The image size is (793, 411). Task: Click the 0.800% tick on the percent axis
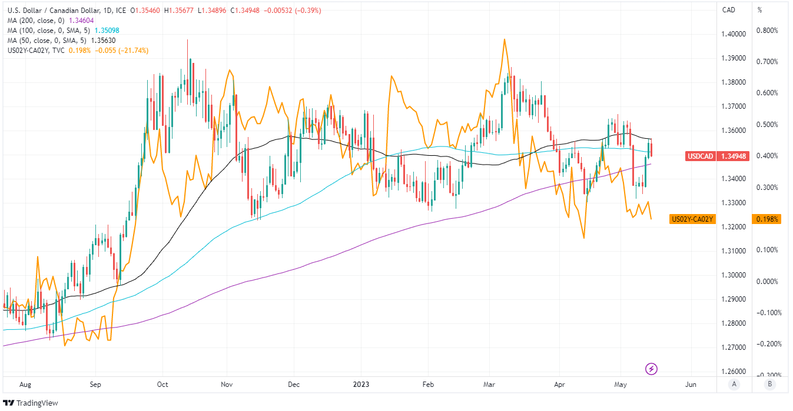[767, 31]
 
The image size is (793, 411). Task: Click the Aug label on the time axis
[25, 385]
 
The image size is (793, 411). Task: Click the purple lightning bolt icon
[652, 369]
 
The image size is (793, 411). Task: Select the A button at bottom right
[733, 385]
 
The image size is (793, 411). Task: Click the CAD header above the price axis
[729, 10]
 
